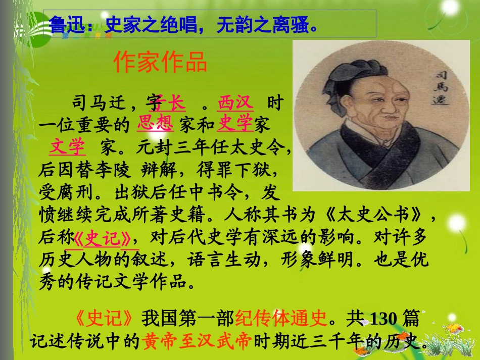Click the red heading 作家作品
pos(161,63)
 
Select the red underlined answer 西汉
pos(235,104)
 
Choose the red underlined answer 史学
pos(235,124)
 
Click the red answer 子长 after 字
pos(170,104)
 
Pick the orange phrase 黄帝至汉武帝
pos(197,342)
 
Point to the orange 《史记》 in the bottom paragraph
pos(105,319)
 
